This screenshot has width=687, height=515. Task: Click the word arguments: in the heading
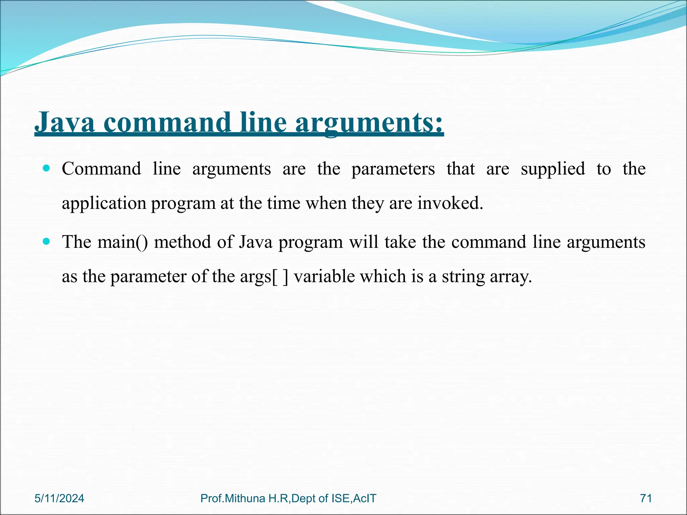click(369, 123)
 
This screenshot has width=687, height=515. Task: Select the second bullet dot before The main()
click(47, 241)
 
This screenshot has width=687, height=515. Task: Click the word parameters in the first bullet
click(393, 169)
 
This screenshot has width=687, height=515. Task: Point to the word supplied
click(552, 169)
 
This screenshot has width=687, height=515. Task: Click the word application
click(104, 204)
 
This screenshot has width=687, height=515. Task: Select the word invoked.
click(450, 203)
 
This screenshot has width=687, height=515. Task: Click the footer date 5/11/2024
click(59, 498)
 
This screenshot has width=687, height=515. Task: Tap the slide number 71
click(646, 498)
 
